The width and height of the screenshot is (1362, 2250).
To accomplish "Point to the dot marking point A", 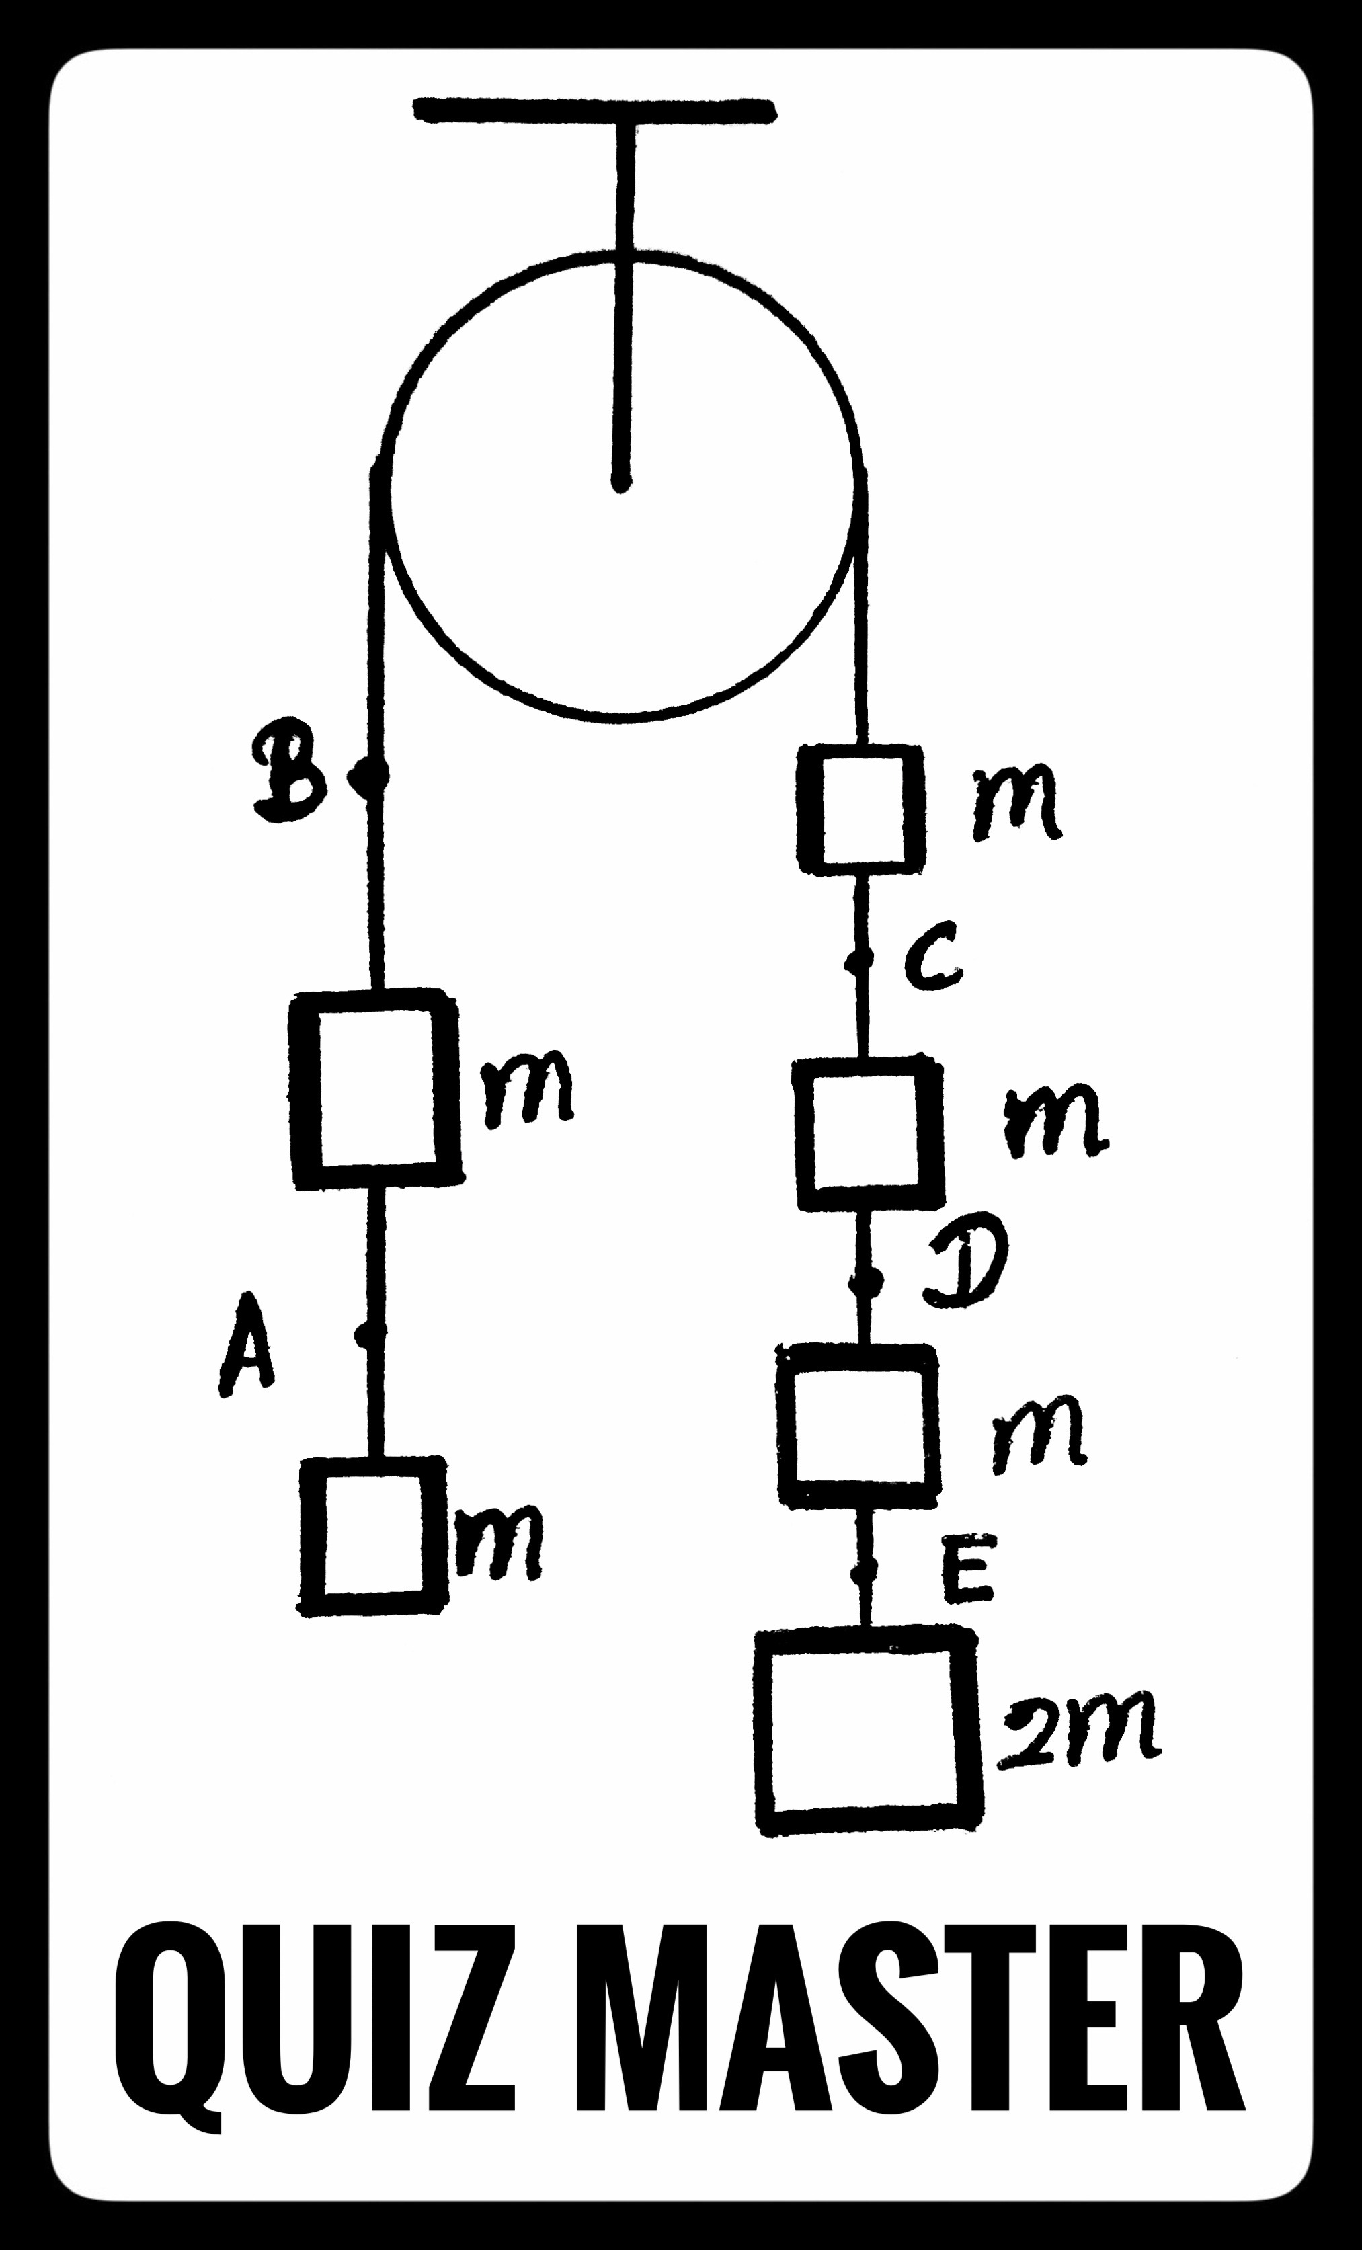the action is tap(369, 1335).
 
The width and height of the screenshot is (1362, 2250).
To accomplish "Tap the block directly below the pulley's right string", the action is tap(860, 811).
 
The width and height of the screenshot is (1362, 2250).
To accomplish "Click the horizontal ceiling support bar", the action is tap(595, 110).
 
